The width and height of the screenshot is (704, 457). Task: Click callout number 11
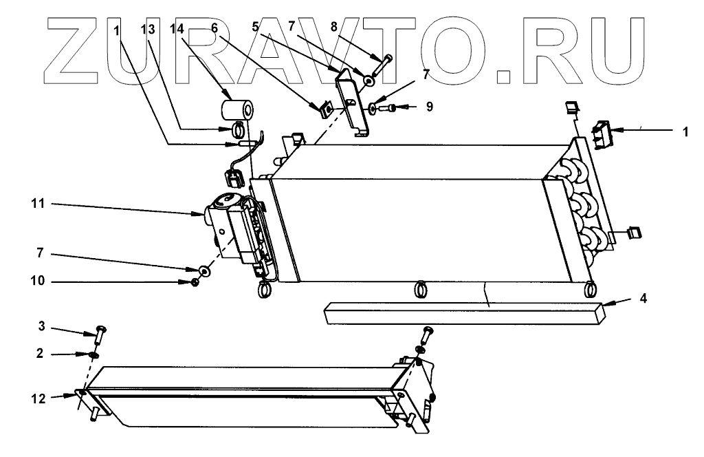[x=37, y=204]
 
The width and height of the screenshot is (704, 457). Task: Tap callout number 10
[x=37, y=282]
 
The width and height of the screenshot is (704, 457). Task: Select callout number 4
[x=642, y=299]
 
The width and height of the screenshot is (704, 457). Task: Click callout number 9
[x=429, y=107]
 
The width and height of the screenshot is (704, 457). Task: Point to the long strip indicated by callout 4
[x=461, y=312]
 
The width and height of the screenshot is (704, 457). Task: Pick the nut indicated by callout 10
[x=195, y=282]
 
